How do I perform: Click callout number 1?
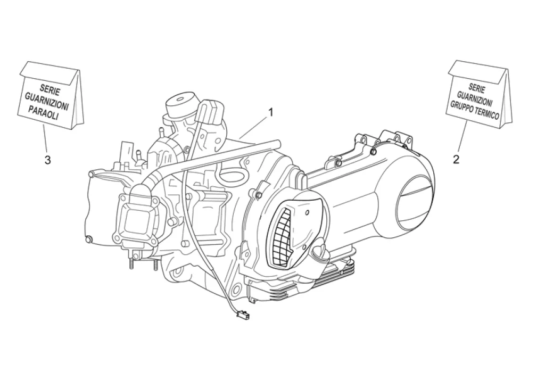(270, 112)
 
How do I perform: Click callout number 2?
(456, 159)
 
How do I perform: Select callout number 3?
(47, 160)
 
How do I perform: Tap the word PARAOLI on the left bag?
(44, 112)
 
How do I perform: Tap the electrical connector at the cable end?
(241, 316)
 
